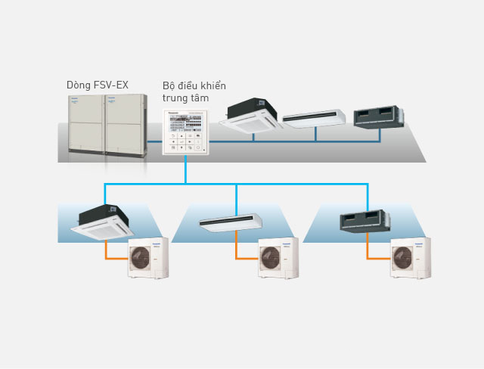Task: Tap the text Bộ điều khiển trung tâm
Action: [x=194, y=92]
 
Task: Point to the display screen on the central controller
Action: [x=194, y=122]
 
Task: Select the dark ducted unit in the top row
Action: [x=381, y=115]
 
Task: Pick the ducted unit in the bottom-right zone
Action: [x=360, y=219]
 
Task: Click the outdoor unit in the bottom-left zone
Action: [x=147, y=258]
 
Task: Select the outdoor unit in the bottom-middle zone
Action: [x=278, y=258]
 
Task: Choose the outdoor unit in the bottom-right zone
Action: [x=409, y=258]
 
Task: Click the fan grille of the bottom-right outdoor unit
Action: [x=403, y=259]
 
